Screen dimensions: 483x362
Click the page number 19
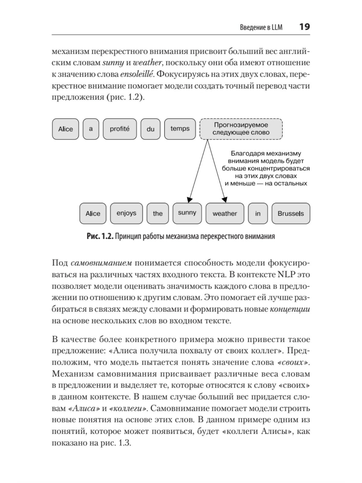pyautogui.click(x=304, y=27)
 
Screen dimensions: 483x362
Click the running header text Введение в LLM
pyautogui.click(x=261, y=27)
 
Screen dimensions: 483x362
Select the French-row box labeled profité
pyautogui.click(x=119, y=129)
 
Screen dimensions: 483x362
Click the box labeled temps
pyautogui.click(x=180, y=129)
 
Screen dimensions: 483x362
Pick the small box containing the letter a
pyautogui.click(x=91, y=129)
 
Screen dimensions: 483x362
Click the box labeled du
pyautogui.click(x=150, y=129)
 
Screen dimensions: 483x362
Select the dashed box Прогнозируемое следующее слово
pyautogui.click(x=241, y=129)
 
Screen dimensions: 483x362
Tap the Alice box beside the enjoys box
pyautogui.click(x=93, y=213)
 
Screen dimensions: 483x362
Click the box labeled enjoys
pyautogui.click(x=126, y=213)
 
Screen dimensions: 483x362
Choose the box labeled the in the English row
pyautogui.click(x=157, y=213)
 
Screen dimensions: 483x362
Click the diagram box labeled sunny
pyautogui.click(x=187, y=213)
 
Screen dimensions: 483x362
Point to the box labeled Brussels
pyautogui.click(x=291, y=213)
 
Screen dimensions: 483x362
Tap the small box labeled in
pyautogui.click(x=258, y=213)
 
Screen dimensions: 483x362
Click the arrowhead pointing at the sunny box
pyautogui.click(x=189, y=200)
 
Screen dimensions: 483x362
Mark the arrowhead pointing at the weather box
pyautogui.click(x=224, y=200)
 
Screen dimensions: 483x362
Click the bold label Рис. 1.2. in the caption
pyautogui.click(x=100, y=236)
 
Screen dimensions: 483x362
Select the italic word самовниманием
pyautogui.click(x=101, y=263)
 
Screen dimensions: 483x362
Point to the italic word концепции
pyautogui.click(x=290, y=309)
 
